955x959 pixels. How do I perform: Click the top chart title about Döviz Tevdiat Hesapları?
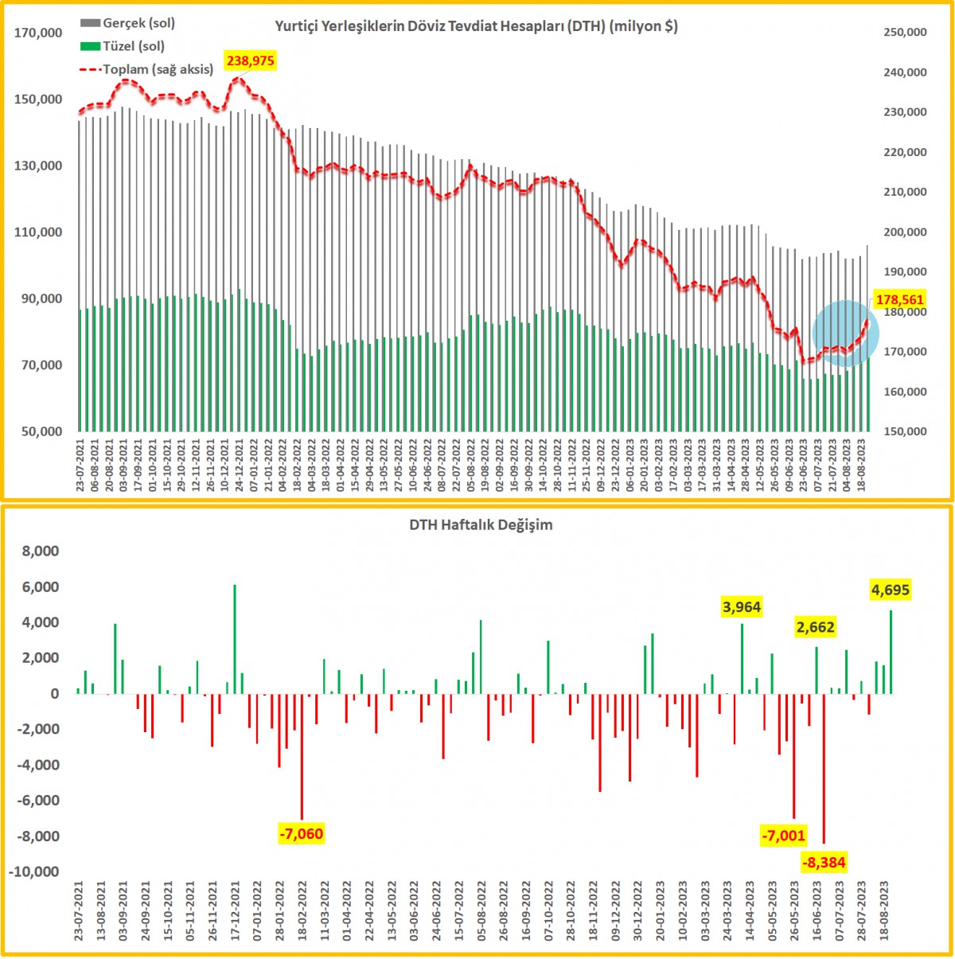476,26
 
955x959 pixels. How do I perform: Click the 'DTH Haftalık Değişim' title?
481,525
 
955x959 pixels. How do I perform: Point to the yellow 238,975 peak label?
251,60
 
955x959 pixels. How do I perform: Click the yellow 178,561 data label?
899,300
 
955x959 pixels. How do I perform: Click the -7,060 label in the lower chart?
301,834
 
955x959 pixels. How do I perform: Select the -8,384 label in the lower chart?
823,863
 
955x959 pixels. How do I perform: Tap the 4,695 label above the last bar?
890,590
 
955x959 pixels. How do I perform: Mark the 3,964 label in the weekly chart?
741,607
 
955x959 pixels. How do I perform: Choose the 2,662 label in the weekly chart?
815,627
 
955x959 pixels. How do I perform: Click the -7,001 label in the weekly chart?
783,836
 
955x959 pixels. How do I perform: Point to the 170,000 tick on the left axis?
38,33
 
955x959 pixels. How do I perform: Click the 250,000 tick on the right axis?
905,33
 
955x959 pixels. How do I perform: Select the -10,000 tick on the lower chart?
33,871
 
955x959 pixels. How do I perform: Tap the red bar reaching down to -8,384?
824,768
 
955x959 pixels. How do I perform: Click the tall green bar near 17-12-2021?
235,639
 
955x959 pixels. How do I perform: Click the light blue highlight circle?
845,333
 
